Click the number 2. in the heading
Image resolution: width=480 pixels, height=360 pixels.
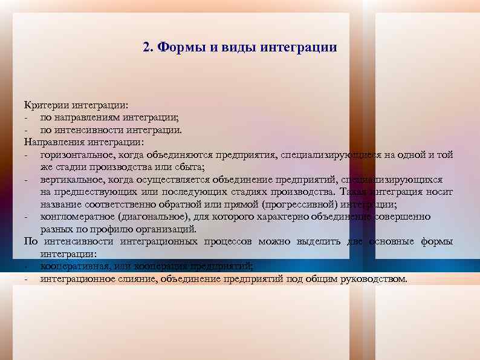click(149, 47)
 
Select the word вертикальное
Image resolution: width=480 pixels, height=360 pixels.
click(68, 180)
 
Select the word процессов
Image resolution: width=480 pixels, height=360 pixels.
click(226, 241)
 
